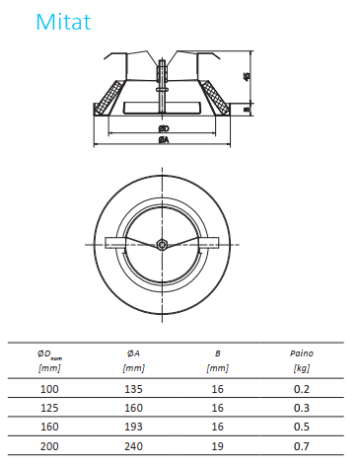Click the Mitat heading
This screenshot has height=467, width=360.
(x=63, y=22)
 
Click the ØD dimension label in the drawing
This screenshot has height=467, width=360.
(x=164, y=128)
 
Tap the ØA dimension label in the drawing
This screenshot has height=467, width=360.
(x=164, y=140)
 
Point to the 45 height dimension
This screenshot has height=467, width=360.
(x=247, y=76)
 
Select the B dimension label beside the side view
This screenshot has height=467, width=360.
(x=247, y=109)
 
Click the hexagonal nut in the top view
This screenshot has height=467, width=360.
(x=162, y=245)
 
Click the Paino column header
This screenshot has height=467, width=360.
(x=302, y=353)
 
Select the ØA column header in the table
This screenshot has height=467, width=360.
(x=133, y=353)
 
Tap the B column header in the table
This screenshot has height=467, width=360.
(x=218, y=353)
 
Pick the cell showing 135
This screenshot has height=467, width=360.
(x=133, y=389)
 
